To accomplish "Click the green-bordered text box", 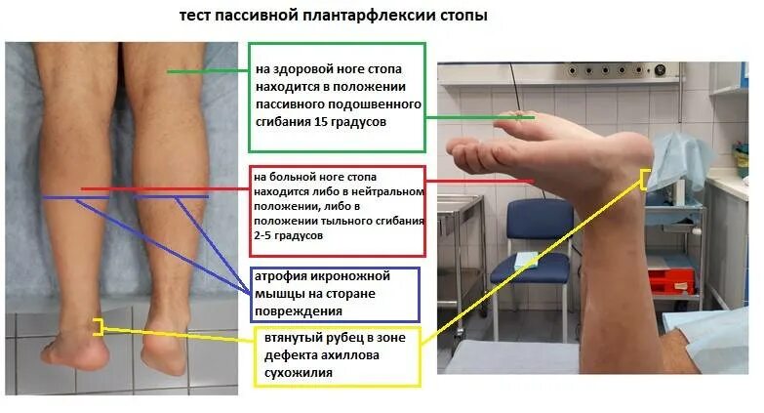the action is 337,97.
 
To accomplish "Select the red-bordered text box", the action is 337,210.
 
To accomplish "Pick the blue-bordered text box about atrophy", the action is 335,294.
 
